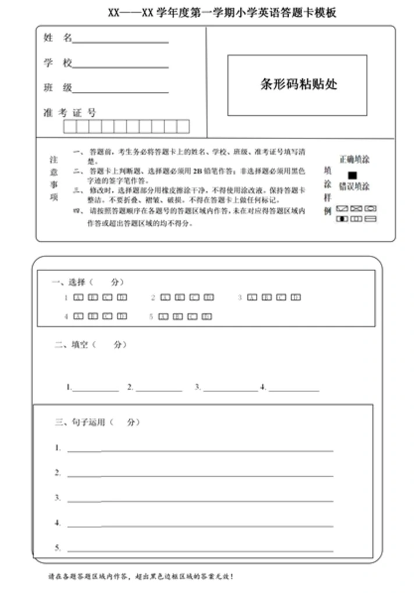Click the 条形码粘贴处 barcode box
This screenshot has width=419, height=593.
(297, 85)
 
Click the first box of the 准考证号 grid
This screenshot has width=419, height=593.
(70, 126)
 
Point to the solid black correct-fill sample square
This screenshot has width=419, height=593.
(352, 175)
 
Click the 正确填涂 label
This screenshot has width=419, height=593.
(354, 159)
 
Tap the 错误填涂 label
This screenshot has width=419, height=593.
(354, 187)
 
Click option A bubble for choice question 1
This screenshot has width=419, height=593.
(78, 298)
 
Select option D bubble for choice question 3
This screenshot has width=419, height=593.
(296, 298)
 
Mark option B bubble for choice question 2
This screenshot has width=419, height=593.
(180, 298)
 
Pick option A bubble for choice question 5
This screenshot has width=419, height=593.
(165, 317)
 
